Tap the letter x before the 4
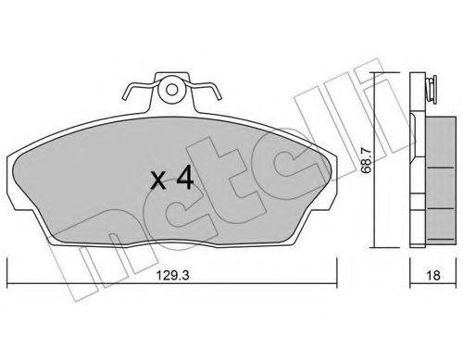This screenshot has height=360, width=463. point(160,181)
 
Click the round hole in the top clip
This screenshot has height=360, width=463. point(170,92)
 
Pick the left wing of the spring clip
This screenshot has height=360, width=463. point(134,93)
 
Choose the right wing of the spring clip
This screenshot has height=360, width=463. point(207,93)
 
